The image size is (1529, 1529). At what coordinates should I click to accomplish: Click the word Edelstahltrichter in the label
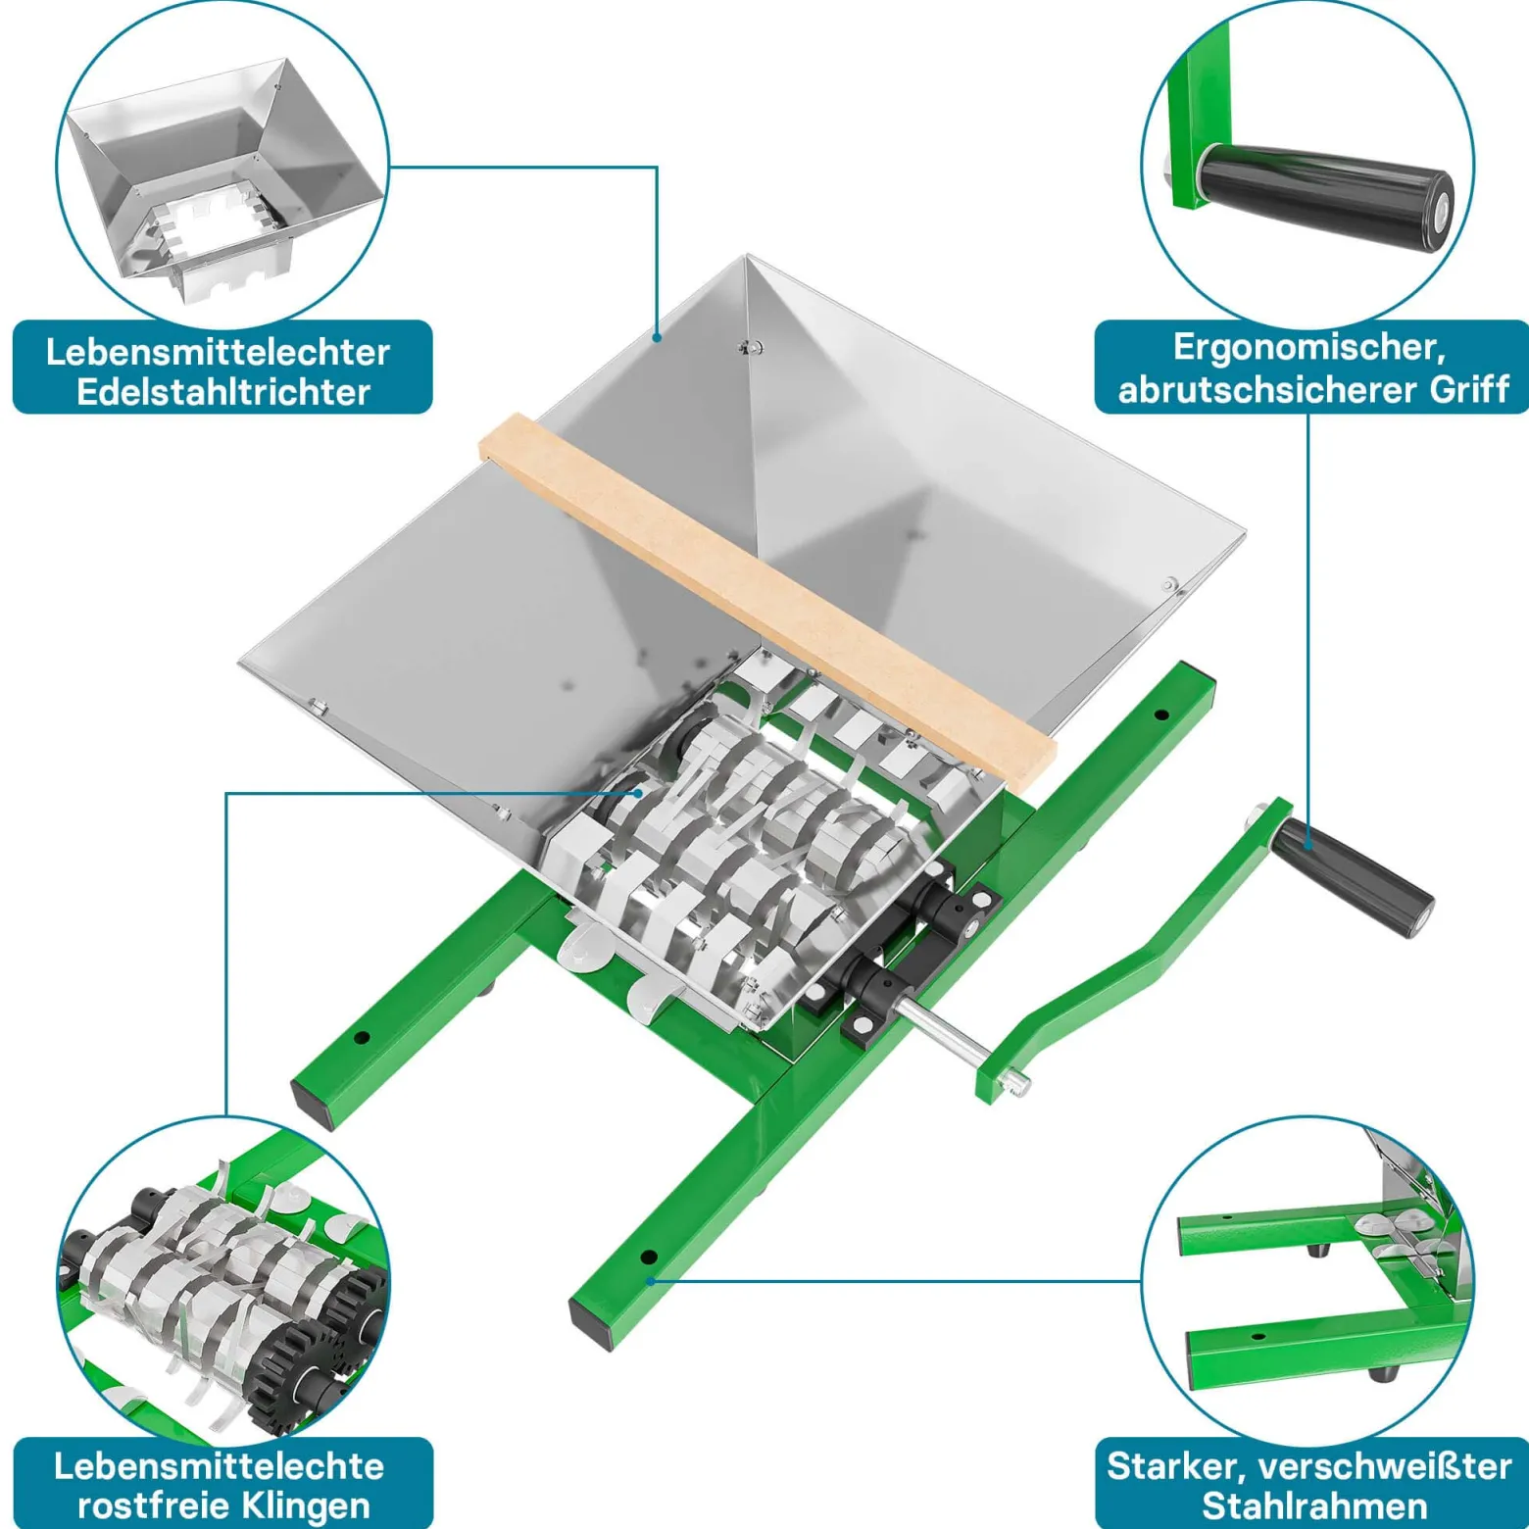click(x=223, y=392)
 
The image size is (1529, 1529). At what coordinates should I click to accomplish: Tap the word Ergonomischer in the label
click(x=1309, y=349)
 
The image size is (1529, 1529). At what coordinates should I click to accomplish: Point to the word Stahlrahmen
click(x=1313, y=1505)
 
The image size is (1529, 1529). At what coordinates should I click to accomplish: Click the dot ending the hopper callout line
click(x=658, y=338)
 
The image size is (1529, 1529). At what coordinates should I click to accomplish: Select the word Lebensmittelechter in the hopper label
click(x=218, y=352)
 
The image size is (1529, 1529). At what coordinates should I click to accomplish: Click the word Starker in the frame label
click(x=1176, y=1467)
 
